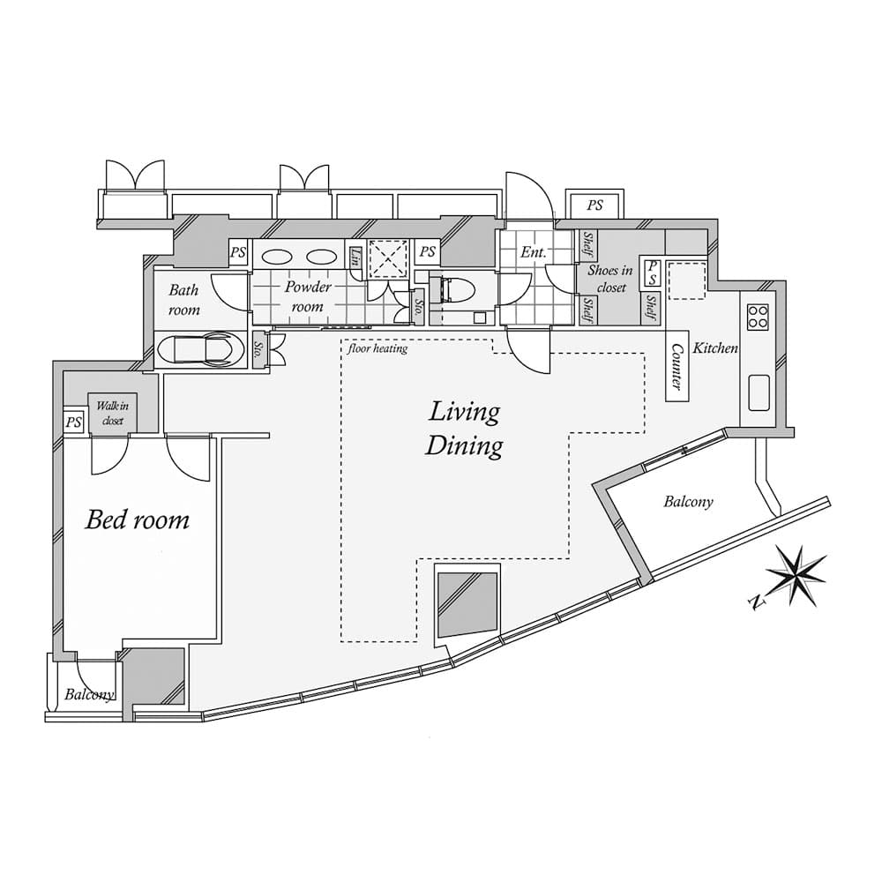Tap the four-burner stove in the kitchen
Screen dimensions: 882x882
click(x=758, y=317)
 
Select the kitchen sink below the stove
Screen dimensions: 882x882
click(x=759, y=392)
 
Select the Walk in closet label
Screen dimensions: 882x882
click(x=112, y=413)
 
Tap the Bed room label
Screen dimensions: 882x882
click(x=137, y=519)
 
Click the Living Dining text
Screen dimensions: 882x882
click(x=464, y=429)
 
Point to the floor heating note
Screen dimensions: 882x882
click(x=377, y=349)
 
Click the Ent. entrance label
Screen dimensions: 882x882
click(x=533, y=252)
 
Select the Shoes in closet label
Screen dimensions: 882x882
click(x=610, y=279)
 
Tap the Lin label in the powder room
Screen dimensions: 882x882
click(x=355, y=257)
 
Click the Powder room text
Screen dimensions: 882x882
click(x=308, y=296)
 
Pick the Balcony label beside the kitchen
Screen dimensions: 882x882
click(x=688, y=502)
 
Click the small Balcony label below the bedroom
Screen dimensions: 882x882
click(x=89, y=694)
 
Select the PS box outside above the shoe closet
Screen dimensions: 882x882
click(x=595, y=205)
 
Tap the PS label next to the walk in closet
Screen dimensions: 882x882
click(x=73, y=422)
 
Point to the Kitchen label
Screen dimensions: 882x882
click(x=714, y=348)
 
